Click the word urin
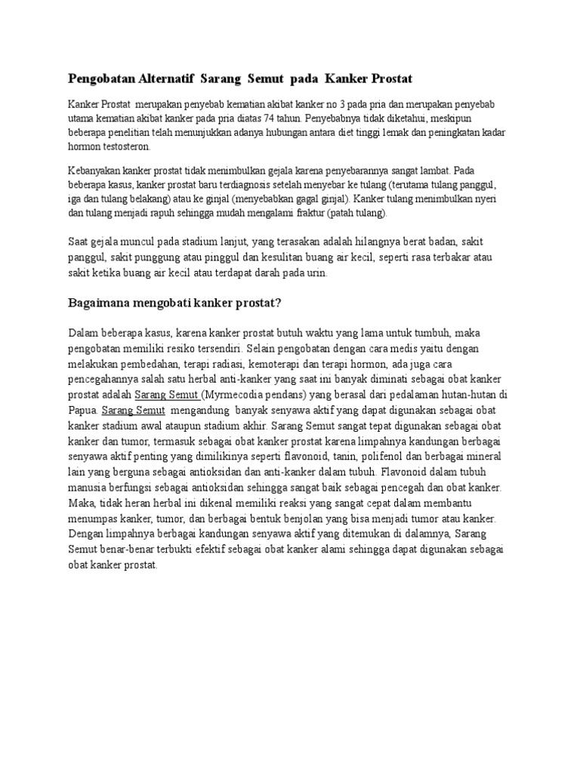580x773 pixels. point(316,275)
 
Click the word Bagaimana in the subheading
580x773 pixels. point(100,303)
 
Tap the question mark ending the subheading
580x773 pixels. point(279,303)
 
